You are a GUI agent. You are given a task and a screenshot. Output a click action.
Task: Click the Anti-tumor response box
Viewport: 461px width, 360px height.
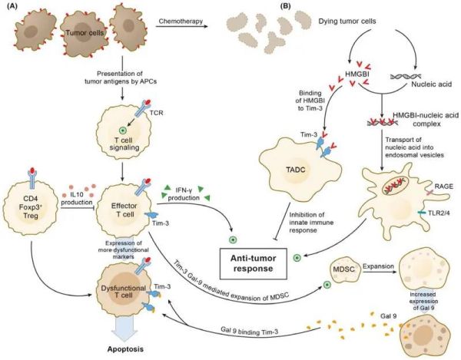tap(253, 263)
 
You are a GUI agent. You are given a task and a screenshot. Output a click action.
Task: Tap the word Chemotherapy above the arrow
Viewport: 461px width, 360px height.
tap(181, 21)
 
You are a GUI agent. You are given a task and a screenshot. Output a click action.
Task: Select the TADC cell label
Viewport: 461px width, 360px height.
tap(296, 170)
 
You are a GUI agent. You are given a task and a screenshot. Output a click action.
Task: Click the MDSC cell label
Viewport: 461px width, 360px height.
tap(343, 269)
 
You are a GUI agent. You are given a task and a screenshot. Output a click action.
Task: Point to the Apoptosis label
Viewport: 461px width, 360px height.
tap(125, 349)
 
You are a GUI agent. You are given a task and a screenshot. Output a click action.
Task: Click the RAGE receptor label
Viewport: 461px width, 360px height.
tap(443, 187)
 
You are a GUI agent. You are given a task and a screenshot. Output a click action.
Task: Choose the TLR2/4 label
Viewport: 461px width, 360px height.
tap(439, 213)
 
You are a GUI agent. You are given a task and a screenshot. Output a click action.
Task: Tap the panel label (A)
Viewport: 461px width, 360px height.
tap(12, 7)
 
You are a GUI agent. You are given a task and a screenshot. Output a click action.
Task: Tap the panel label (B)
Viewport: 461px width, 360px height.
tap(287, 6)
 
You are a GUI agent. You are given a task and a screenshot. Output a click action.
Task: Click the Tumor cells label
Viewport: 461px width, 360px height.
tap(85, 32)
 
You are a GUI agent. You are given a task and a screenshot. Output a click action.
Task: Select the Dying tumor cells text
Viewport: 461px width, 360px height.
tap(347, 21)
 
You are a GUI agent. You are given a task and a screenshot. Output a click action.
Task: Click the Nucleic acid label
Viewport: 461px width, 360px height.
tap(432, 84)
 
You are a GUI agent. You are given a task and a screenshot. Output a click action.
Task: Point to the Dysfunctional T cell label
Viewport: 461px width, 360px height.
tap(123, 292)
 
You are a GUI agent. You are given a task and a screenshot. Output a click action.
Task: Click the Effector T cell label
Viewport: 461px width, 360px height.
tap(124, 210)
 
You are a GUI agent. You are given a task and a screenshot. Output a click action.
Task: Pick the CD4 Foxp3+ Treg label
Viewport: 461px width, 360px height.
tap(28, 206)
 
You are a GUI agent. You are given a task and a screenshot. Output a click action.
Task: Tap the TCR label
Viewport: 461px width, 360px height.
tap(157, 113)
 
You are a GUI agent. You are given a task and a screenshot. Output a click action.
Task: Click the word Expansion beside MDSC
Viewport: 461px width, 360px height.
tap(378, 266)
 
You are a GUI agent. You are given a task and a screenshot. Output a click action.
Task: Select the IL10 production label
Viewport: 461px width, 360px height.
tap(77, 199)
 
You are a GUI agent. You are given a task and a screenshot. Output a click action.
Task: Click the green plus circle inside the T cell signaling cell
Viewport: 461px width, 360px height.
tap(122, 130)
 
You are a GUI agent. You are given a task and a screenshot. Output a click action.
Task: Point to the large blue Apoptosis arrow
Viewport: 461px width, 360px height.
tap(124, 329)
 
